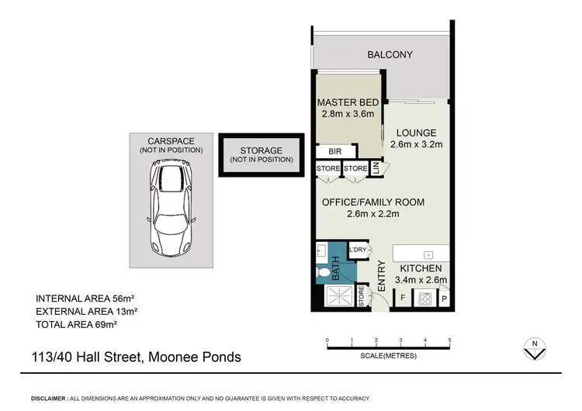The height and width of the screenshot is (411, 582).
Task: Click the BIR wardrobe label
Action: coord(334,152)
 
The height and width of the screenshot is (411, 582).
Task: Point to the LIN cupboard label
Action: coord(376,168)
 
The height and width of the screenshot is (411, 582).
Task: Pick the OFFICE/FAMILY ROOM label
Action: coord(373,202)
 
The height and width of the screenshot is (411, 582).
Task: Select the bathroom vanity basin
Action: coord(320,252)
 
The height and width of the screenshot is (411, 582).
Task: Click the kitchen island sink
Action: coord(427,254)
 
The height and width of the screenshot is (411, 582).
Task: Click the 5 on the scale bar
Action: coord(449,340)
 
